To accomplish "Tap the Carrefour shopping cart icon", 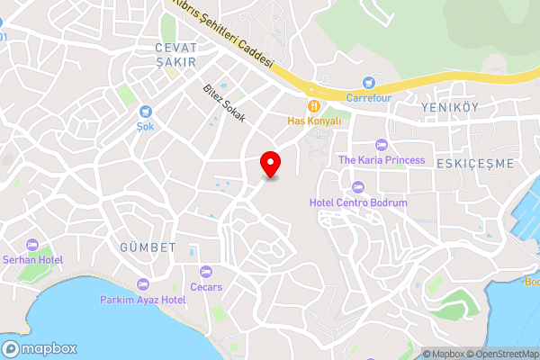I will point(368,82).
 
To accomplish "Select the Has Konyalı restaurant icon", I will point(314,105).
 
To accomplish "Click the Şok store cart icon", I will point(145,112).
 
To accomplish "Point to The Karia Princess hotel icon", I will point(381,145).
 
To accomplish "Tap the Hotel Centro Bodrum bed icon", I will point(358,188).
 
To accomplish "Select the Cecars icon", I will point(206,272).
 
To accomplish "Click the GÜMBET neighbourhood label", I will point(144,245).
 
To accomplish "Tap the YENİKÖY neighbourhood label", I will point(446,106).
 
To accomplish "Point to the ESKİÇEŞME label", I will point(473,163).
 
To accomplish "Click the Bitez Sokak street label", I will point(224,103).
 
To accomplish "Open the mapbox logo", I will point(40,348).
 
